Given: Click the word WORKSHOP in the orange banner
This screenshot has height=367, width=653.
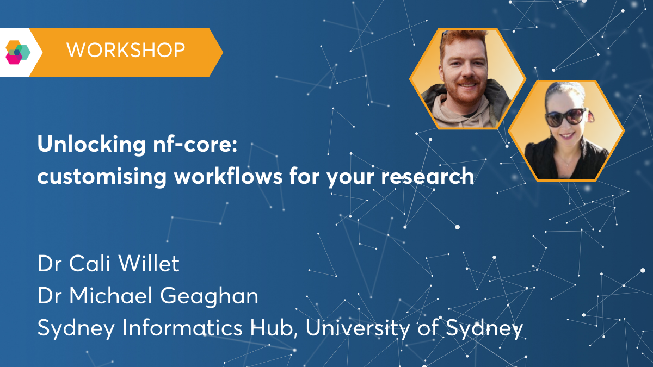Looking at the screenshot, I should point(126,51).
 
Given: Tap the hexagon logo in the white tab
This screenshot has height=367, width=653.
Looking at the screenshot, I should point(17,52).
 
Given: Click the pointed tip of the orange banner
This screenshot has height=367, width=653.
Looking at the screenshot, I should point(221,52).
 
